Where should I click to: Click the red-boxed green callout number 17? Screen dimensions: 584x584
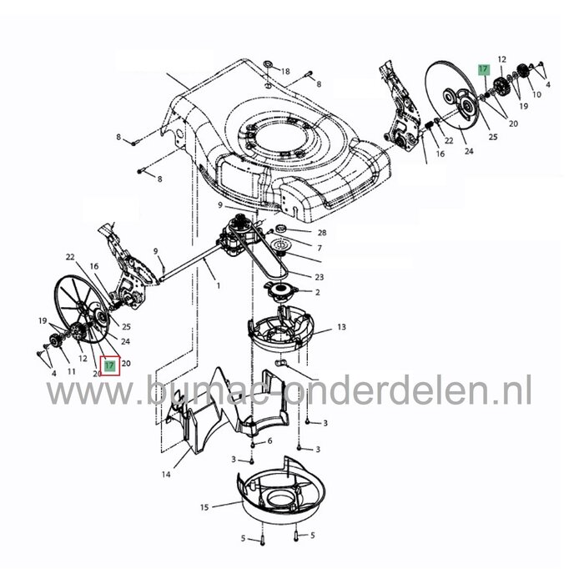[109, 365]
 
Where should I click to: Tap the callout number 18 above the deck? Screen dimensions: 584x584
[285, 73]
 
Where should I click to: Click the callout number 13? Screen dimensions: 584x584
[341, 328]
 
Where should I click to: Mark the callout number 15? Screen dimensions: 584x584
[205, 506]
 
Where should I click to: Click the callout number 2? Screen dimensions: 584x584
[318, 292]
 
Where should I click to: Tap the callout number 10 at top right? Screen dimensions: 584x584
[536, 95]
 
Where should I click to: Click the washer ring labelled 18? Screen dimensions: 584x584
[267, 64]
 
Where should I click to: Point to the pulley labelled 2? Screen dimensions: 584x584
[280, 291]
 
